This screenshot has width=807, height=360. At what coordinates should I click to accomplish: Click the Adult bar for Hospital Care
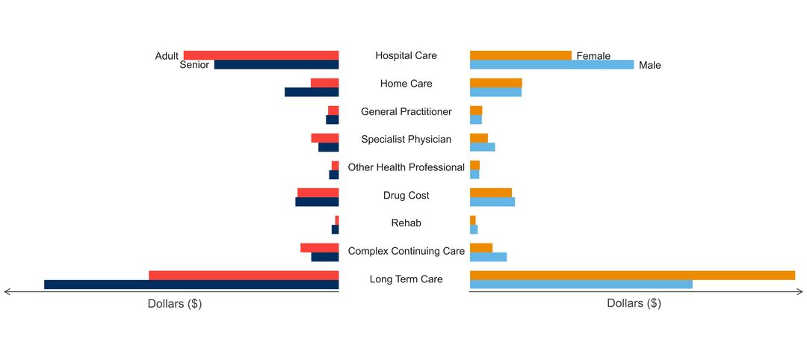click(261, 55)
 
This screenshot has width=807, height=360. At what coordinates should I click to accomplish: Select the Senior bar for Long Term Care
click(191, 285)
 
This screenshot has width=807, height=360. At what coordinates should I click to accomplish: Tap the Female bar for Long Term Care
click(633, 275)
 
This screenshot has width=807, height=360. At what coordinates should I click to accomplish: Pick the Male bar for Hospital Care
click(551, 64)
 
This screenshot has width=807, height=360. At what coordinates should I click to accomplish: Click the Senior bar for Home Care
click(312, 92)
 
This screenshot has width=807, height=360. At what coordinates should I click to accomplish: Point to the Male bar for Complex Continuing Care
click(489, 257)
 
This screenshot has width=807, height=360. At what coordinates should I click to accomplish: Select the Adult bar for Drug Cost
click(318, 193)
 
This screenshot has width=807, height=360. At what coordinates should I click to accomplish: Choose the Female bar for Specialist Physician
click(479, 138)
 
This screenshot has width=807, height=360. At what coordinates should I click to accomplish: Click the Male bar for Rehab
click(474, 229)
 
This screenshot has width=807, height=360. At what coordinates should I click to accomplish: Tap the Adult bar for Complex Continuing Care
click(320, 248)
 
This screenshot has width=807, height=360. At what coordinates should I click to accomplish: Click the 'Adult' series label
click(167, 56)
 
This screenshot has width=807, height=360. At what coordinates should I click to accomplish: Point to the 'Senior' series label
click(194, 65)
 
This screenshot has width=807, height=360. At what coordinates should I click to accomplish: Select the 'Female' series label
click(593, 56)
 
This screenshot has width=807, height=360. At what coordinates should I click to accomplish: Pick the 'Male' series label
click(650, 65)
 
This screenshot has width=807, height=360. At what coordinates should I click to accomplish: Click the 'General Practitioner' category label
click(406, 111)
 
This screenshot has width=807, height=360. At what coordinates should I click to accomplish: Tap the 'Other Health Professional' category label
click(406, 167)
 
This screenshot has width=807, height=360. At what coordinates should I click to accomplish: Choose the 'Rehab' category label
click(406, 223)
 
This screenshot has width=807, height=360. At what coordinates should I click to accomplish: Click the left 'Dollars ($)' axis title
click(174, 304)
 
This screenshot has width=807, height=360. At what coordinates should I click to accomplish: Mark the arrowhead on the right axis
click(800, 292)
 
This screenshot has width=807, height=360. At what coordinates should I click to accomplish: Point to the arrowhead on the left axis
click(7, 292)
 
